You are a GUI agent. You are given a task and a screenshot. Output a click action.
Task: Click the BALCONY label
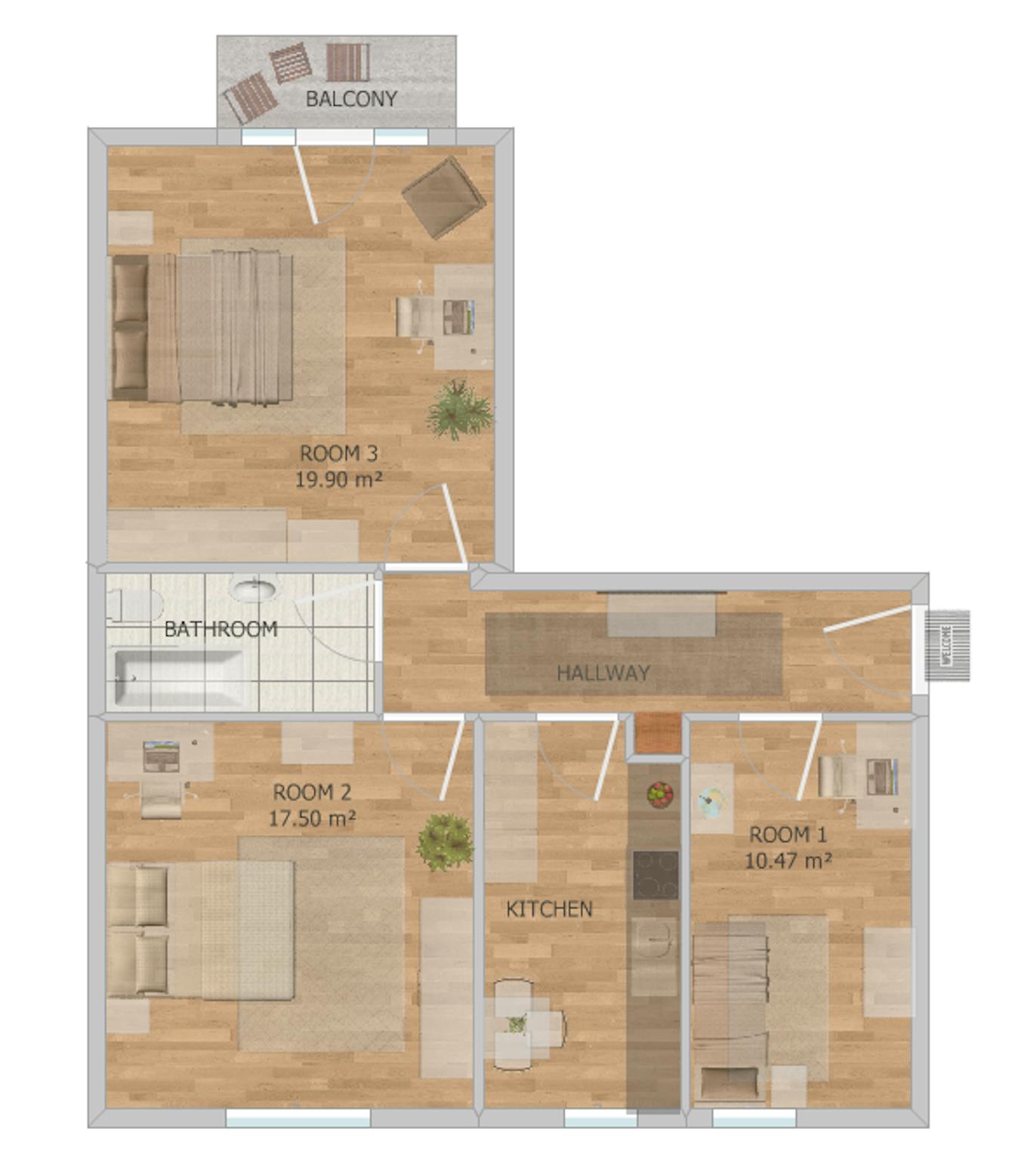pos(351,99)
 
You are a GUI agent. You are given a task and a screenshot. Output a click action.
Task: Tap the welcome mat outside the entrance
pos(947,645)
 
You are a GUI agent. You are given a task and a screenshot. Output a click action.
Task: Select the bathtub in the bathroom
pos(179,678)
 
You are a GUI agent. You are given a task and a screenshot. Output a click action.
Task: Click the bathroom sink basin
pos(255,591)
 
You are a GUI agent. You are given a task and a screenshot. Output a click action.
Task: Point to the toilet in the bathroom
pos(135,604)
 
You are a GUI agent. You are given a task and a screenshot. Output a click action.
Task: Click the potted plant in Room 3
pos(458,409)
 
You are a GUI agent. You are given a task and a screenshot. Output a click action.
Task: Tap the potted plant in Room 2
pos(445,841)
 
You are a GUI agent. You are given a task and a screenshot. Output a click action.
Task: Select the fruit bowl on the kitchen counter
pos(660,794)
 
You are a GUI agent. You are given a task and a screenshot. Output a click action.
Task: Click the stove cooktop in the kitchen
pos(656,875)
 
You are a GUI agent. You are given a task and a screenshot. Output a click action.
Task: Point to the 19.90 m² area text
pos(338,480)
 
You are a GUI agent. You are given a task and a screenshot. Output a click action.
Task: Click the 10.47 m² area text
pos(788,861)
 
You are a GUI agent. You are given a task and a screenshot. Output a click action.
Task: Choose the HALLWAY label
pos(603,673)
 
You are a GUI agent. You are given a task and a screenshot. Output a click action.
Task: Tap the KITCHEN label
pos(549,909)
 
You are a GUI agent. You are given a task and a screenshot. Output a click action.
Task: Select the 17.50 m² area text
pos(312,818)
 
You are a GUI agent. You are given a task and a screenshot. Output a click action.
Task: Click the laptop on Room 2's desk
pos(161,756)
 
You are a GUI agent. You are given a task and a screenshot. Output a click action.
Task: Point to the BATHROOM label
pos(221,629)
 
